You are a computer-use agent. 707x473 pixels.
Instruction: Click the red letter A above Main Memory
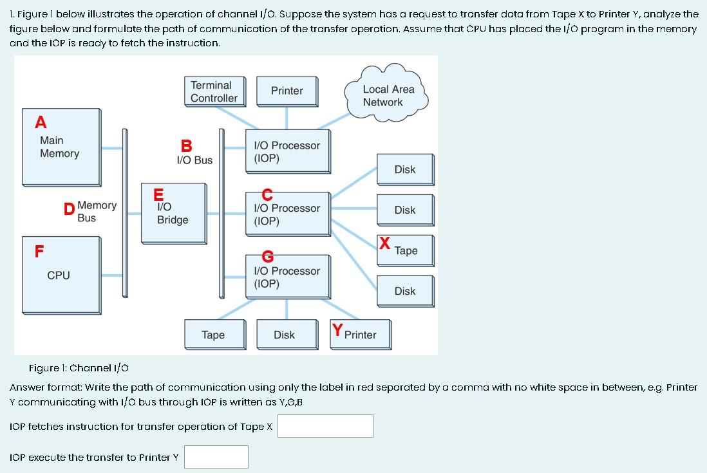coord(41,122)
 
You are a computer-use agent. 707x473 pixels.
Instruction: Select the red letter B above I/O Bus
coord(186,146)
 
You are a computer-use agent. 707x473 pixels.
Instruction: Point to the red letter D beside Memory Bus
coord(69,209)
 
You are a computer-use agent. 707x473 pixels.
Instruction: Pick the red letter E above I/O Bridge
coord(158,194)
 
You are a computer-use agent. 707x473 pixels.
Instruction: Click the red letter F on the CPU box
coord(40,252)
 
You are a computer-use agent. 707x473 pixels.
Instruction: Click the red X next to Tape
coord(384,243)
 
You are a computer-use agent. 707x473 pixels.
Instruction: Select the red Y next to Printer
coord(337,331)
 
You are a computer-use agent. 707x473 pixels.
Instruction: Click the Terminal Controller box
coord(214,91)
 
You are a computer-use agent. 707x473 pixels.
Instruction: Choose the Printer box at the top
coord(287,91)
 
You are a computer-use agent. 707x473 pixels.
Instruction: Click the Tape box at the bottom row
coord(213,335)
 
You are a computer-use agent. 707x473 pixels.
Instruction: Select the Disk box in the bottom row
coord(284,335)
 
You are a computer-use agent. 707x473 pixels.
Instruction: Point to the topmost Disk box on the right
coord(405,169)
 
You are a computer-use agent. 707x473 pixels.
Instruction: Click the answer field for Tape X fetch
coord(325,426)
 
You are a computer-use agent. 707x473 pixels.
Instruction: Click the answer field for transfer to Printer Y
coord(216,457)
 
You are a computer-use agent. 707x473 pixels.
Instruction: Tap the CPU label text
coord(59,275)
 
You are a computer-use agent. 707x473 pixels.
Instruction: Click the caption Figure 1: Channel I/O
coord(79,368)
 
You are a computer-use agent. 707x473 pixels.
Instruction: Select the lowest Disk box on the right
coord(405,291)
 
